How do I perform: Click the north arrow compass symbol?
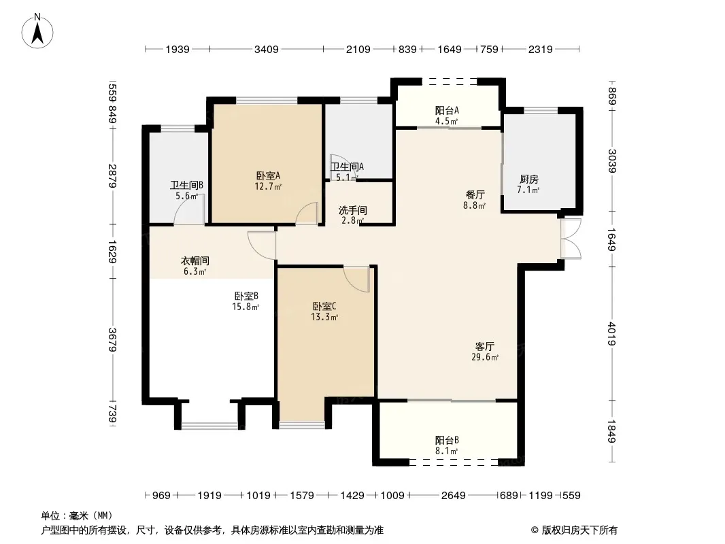click(37, 31)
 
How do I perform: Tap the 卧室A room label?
click(268, 175)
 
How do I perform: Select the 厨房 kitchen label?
click(528, 180)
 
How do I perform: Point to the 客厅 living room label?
click(484, 346)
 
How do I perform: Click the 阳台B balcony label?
click(447, 440)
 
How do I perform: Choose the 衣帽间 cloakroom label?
click(195, 260)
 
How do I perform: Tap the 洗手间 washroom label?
click(353, 210)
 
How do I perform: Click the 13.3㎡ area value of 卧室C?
click(324, 317)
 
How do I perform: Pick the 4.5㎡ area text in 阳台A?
click(446, 122)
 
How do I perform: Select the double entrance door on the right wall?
click(571, 239)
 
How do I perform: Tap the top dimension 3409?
click(267, 49)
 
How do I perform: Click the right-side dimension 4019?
click(611, 334)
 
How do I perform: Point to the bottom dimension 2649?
click(453, 496)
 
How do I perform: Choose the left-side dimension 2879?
click(112, 176)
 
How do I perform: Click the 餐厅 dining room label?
click(475, 194)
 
